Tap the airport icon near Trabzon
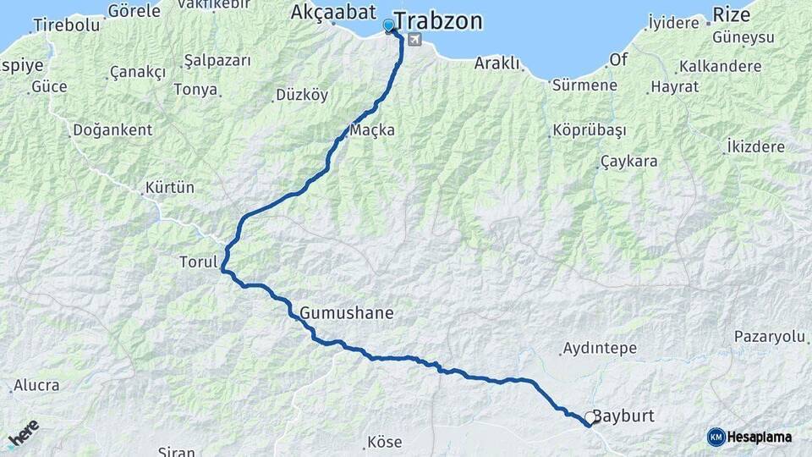414,40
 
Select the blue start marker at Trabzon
389,26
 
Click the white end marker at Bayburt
590,417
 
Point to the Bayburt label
624,416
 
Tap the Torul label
198,262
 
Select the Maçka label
372,131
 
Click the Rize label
731,14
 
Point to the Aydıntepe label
597,349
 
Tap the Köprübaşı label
589,130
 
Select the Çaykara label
628,162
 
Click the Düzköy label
302,96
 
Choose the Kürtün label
170,186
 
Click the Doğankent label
112,130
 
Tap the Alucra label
36,386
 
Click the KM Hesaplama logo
749,437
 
